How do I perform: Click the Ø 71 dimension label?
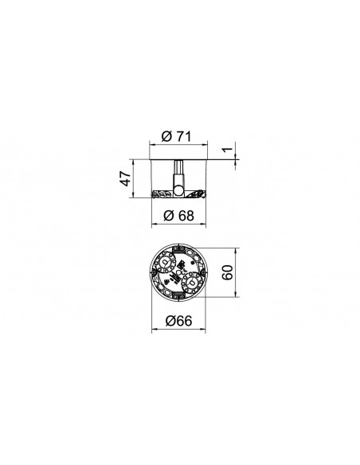176,137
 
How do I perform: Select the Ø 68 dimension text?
178,215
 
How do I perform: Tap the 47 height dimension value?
126,178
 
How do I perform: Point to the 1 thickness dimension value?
228,149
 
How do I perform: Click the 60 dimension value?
228,272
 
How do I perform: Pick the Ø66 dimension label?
178,321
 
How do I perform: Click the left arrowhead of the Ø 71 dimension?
152,145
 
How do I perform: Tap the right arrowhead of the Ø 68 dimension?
203,223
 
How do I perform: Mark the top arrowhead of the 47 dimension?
133,162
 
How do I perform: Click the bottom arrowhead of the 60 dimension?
236,294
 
